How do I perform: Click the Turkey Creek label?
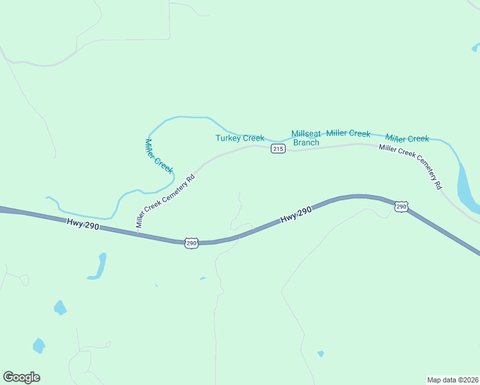click(239, 138)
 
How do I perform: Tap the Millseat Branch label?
click(305, 138)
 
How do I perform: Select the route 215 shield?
click(277, 149)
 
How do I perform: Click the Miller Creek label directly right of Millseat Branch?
click(348, 133)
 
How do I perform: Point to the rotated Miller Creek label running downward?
click(159, 156)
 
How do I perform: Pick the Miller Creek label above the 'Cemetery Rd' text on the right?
click(407, 139)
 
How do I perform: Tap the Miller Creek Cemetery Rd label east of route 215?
click(411, 166)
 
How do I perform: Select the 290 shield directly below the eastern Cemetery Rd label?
click(401, 207)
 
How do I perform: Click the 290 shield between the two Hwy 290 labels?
click(191, 243)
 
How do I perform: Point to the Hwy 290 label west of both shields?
click(82, 225)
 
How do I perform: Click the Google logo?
click(21, 377)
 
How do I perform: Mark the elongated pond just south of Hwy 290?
click(98, 266)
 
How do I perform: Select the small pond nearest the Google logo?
click(39, 346)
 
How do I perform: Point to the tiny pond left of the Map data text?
click(320, 354)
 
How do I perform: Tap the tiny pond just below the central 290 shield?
click(203, 278)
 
